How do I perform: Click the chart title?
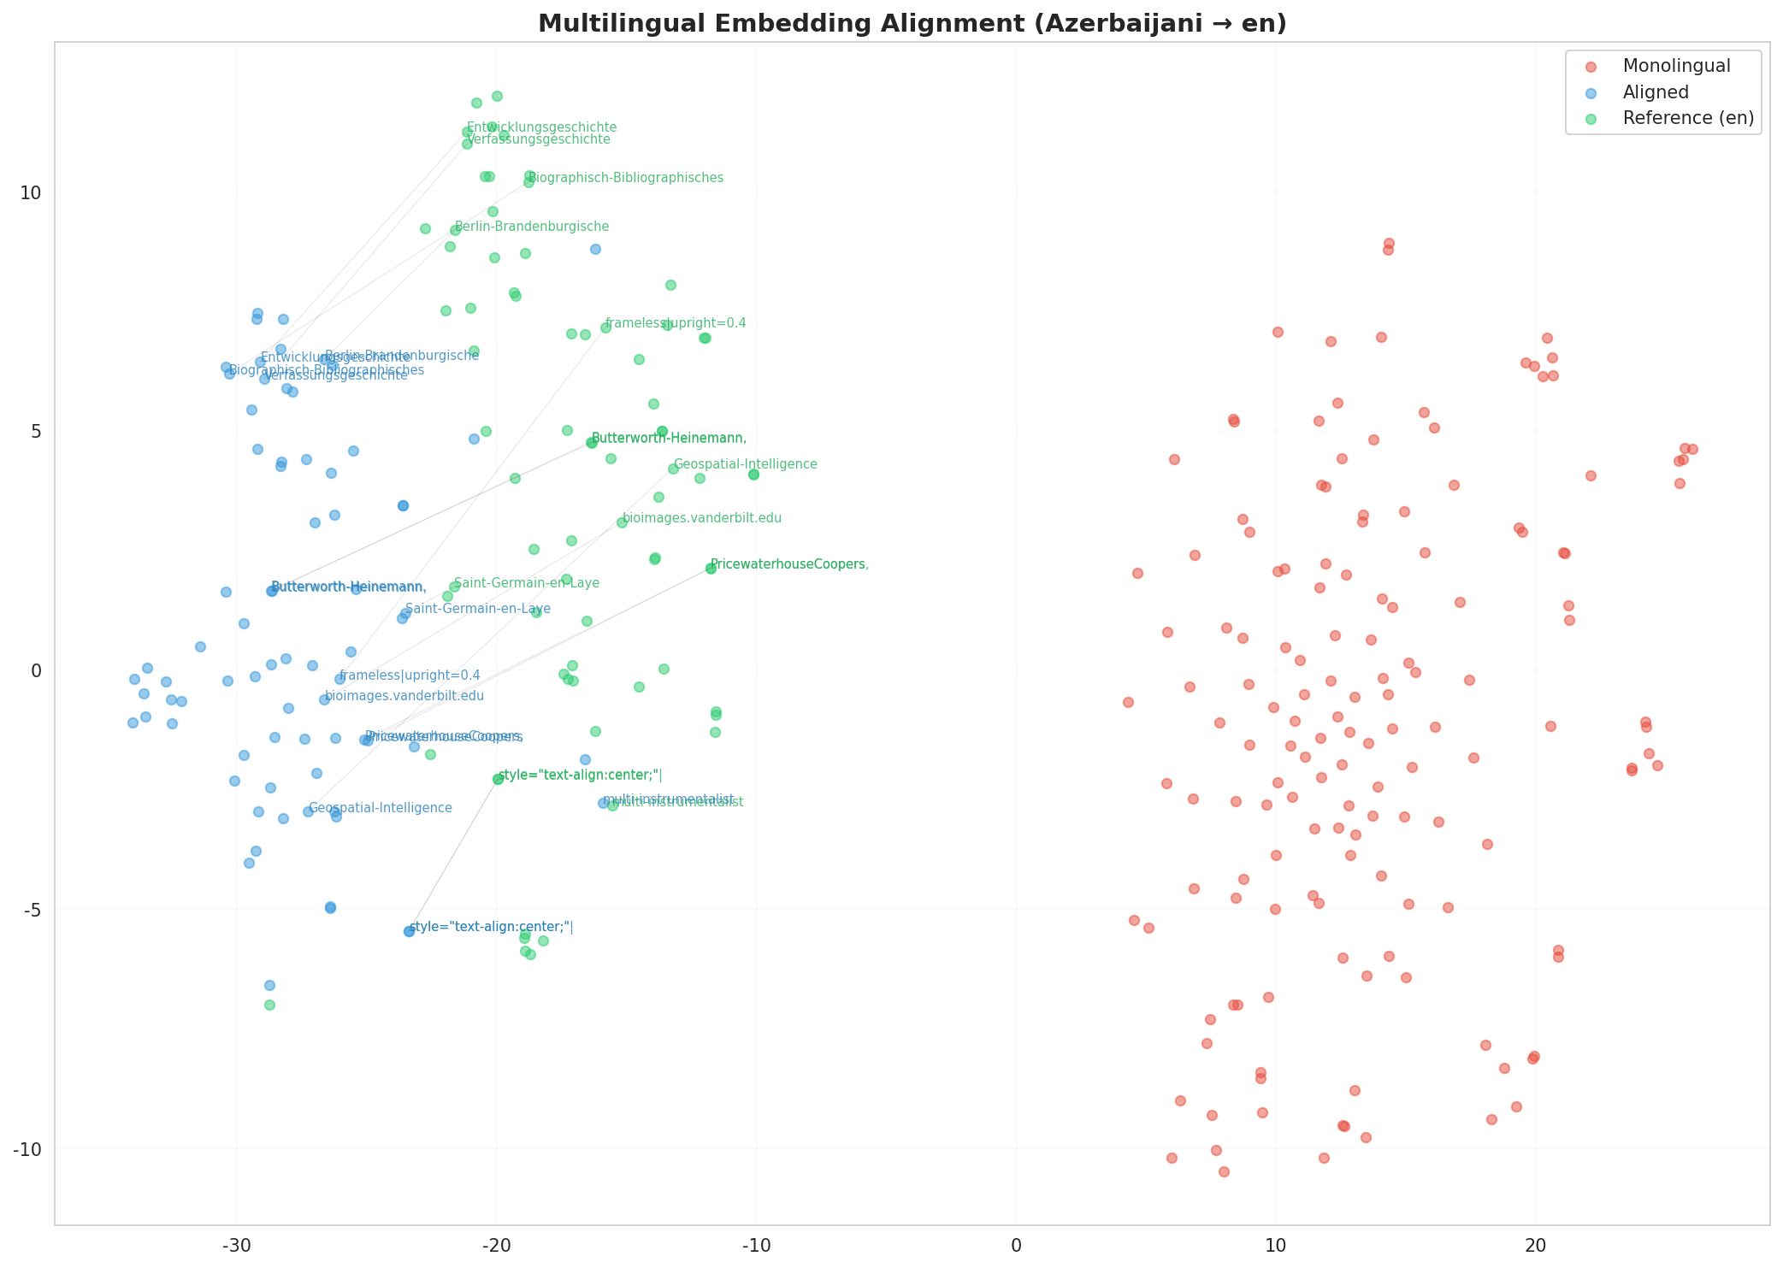click(x=912, y=24)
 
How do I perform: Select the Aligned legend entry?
click(x=1656, y=92)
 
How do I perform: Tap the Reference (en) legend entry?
click(x=1688, y=118)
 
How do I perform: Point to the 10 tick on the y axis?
click(x=31, y=192)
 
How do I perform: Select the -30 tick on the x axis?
click(x=236, y=1244)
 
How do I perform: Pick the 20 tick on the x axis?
click(x=1535, y=1244)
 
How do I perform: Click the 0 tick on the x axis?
click(x=1016, y=1244)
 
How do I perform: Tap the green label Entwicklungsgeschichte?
click(x=541, y=127)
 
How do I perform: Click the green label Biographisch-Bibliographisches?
click(x=626, y=178)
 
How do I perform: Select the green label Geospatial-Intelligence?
click(x=745, y=464)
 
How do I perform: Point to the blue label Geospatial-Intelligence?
click(x=380, y=808)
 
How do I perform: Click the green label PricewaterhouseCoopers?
click(x=789, y=564)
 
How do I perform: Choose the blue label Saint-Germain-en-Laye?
click(x=477, y=609)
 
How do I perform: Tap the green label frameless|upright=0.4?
click(x=676, y=323)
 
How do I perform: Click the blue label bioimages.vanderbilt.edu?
click(x=404, y=696)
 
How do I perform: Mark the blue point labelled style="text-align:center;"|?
click(x=409, y=931)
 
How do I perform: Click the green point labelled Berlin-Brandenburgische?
click(x=455, y=230)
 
